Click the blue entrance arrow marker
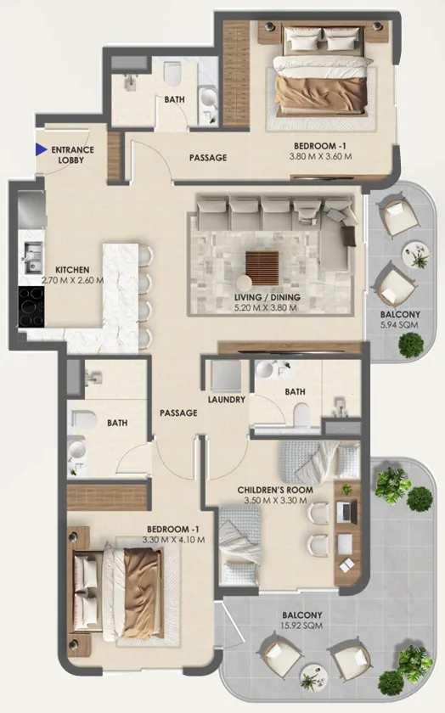(x=42, y=149)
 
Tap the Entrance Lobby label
(x=72, y=154)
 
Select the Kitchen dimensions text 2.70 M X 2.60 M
(x=72, y=280)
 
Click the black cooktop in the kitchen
(x=31, y=306)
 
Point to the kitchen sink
(x=32, y=257)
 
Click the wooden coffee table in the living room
(x=262, y=267)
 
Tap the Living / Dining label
(x=268, y=297)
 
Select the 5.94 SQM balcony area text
(x=400, y=324)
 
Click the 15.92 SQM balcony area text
(x=302, y=626)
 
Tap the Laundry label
(x=226, y=399)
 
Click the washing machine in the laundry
(x=226, y=375)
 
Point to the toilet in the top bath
(x=172, y=74)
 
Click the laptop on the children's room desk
(x=347, y=511)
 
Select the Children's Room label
(x=275, y=490)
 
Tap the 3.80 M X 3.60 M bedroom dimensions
(x=320, y=156)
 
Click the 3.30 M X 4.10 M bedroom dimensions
(x=173, y=540)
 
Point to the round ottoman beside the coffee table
(x=245, y=283)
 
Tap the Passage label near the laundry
(x=178, y=413)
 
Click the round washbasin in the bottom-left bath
(x=76, y=450)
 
